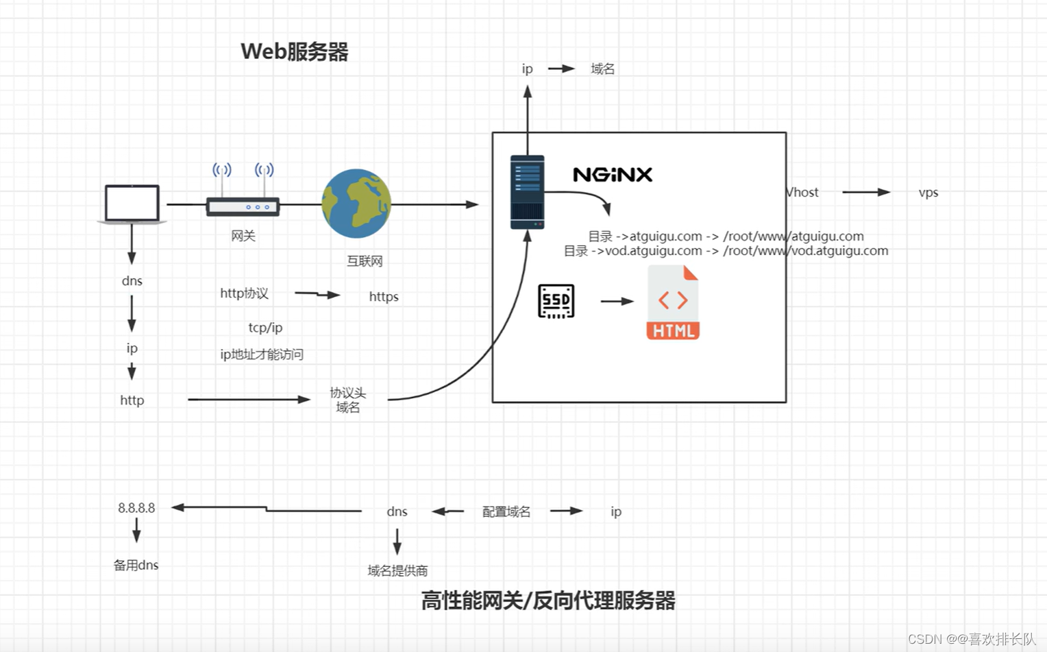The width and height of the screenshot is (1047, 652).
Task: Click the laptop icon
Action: point(132,204)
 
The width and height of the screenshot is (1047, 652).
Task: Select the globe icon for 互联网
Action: point(356,204)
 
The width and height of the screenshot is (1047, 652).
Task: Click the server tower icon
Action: point(527,192)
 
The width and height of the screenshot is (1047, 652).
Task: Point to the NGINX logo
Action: point(612,175)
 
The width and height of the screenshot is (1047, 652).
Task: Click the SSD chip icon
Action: point(556,301)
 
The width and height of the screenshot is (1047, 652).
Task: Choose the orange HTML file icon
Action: point(673,302)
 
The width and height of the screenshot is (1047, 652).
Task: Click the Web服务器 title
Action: point(295,51)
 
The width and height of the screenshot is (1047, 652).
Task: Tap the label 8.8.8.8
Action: point(136,508)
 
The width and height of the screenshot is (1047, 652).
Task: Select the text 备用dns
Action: point(136,565)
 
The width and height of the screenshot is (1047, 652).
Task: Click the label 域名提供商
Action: point(397,570)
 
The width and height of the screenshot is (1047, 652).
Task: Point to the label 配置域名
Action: point(506,511)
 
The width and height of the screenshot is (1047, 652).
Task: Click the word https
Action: point(384,296)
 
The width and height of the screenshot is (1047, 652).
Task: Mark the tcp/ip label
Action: point(265,328)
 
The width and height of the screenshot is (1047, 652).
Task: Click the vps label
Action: point(928,193)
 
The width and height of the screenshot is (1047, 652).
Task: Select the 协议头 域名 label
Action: point(347,400)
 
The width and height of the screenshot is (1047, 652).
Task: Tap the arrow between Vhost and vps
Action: point(865,193)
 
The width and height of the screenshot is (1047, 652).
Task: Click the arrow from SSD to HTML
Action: point(617,301)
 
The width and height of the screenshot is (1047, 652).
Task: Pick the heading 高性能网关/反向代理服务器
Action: point(548,601)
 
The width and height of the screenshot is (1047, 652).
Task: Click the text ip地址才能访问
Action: point(262,354)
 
